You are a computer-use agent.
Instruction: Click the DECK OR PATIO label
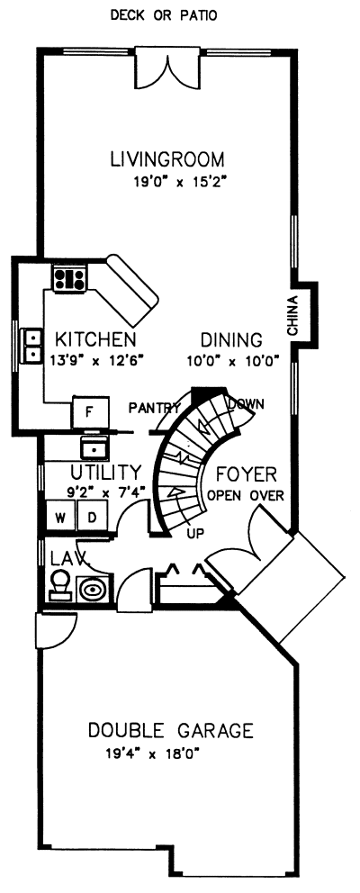163,15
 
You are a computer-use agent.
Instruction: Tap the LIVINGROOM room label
166,161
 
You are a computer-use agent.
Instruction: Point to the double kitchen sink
33,345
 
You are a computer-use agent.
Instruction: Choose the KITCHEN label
95,340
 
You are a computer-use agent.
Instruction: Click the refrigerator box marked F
89,411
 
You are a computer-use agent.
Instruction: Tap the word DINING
231,340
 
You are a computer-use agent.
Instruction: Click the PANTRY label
154,407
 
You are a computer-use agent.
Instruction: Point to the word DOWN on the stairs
245,404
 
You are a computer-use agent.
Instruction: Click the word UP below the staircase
195,533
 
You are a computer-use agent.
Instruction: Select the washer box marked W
59,518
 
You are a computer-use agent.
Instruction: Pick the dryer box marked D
91,518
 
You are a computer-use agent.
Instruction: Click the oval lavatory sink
93,588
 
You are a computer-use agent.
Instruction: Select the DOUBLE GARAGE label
170,730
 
